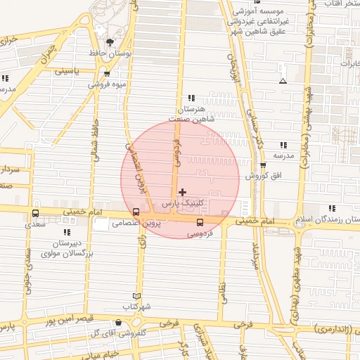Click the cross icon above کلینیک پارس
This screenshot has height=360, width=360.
coord(183,192)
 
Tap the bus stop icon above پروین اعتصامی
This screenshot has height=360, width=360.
coord(136,212)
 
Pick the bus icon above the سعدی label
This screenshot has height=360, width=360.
coord(35,214)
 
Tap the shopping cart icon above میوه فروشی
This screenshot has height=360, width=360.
coord(106,73)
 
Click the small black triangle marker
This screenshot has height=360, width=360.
coord(283,82)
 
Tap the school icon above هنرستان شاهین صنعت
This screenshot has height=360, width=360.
coord(190,99)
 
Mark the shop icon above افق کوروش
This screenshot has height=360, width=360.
coord(263,165)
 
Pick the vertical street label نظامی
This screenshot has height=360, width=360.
coord(224,288)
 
